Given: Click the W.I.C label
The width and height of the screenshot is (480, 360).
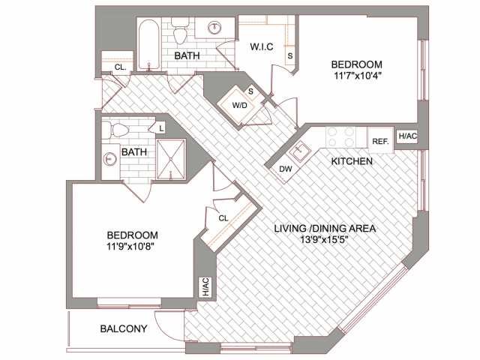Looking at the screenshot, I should (261, 48).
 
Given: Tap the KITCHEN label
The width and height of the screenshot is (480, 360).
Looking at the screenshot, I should (352, 161).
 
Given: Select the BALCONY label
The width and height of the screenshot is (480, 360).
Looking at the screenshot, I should (124, 328).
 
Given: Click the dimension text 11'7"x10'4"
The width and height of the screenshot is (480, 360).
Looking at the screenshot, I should (357, 75).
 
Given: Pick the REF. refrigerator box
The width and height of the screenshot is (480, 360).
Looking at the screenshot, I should (380, 140).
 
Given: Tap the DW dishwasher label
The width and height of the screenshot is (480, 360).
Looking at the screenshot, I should (285, 169).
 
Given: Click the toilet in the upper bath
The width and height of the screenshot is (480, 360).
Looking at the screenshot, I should (180, 34).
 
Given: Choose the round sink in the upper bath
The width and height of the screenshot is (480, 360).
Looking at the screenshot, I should (216, 29).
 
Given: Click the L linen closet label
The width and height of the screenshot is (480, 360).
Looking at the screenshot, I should (160, 129).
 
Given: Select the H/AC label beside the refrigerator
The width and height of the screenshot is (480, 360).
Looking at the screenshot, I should (407, 136).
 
